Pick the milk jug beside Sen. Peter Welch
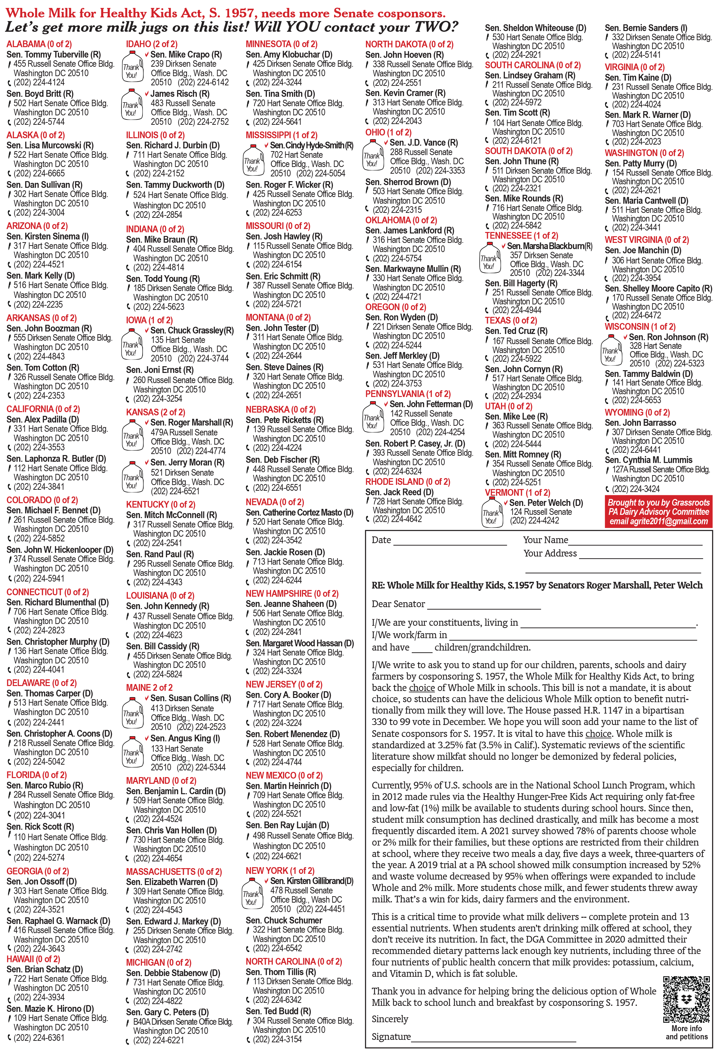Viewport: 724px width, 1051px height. point(491,512)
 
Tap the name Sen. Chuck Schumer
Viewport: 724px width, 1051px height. point(284,920)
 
